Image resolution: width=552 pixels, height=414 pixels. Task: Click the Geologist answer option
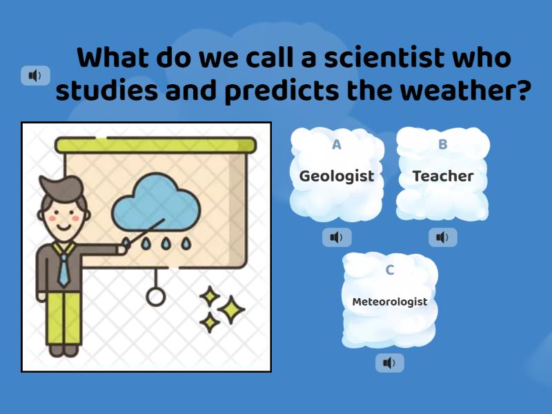(x=337, y=176)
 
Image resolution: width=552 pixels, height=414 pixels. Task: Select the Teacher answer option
(x=443, y=176)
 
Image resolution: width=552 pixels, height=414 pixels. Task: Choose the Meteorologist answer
(x=390, y=302)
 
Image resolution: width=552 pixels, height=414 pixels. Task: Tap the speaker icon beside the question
(x=35, y=75)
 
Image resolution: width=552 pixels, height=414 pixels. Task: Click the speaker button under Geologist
(x=337, y=237)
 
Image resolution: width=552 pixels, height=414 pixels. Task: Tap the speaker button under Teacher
(x=443, y=237)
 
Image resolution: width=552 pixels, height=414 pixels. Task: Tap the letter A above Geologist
(x=337, y=144)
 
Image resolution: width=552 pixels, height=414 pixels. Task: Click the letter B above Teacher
(x=443, y=144)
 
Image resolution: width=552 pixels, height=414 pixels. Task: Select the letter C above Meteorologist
(x=390, y=270)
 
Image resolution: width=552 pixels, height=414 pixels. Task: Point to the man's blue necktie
(x=63, y=268)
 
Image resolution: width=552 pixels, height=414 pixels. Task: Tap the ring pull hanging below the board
(x=156, y=297)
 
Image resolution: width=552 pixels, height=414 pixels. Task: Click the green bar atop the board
(x=156, y=145)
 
